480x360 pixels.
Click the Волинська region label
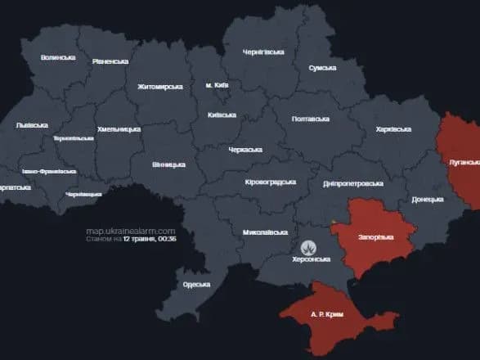(58, 57)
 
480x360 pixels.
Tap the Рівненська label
(110, 61)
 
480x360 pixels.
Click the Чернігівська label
(263, 52)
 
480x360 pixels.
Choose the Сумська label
(323, 69)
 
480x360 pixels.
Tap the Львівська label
(32, 125)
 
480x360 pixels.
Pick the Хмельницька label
(119, 129)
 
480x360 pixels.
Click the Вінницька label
(168, 164)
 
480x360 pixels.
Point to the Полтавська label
(311, 119)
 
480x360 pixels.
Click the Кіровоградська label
(270, 182)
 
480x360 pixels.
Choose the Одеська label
(196, 285)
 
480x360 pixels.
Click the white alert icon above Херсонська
(310, 245)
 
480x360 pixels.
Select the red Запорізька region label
(375, 237)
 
